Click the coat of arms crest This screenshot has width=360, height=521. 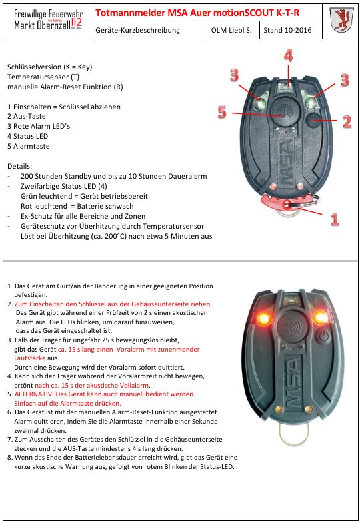pos(341,21)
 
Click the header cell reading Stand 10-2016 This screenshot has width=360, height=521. pos(287,30)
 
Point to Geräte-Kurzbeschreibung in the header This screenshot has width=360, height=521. pos(138,30)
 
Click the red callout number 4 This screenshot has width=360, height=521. pos(288,56)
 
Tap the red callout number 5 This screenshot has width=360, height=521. pos(222,112)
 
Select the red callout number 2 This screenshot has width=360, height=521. pos(347,121)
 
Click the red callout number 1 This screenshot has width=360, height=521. pos(335,219)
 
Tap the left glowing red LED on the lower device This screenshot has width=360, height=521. pos(264,318)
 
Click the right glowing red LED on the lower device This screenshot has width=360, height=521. pos(321,317)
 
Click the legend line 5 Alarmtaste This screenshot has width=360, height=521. pos(29,146)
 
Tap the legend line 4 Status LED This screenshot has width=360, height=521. pos(27,136)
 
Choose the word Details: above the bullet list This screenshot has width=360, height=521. pos(20,166)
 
